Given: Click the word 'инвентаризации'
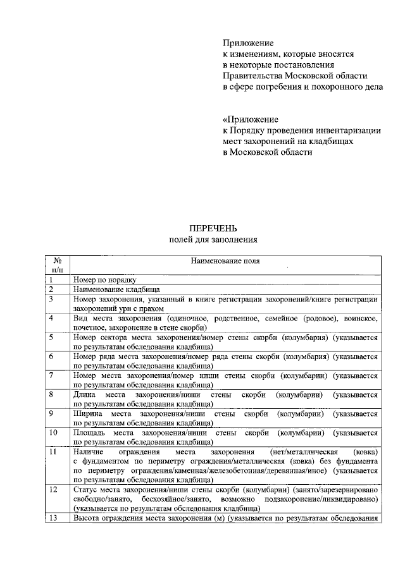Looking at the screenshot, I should [x=347, y=130].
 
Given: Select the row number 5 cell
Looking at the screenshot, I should [x=51, y=338].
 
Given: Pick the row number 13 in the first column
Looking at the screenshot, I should [x=53, y=519].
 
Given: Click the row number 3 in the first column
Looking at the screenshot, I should [x=51, y=298].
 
